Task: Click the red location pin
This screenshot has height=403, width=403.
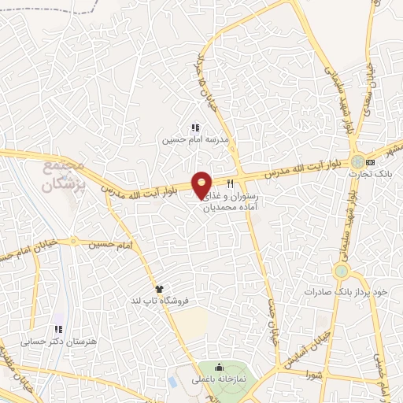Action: pyautogui.click(x=201, y=184)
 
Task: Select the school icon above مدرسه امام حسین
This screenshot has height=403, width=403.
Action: pyautogui.click(x=195, y=128)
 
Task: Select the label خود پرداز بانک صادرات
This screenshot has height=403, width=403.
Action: pyautogui.click(x=348, y=291)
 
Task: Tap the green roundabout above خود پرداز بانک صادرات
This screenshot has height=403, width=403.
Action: pyautogui.click(x=341, y=272)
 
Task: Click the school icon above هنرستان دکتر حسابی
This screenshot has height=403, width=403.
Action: pyautogui.click(x=57, y=329)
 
